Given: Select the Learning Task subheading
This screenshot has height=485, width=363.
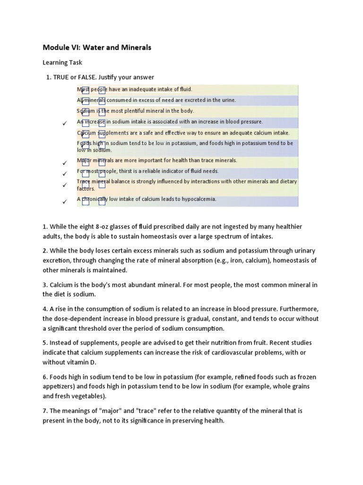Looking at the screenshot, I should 62,63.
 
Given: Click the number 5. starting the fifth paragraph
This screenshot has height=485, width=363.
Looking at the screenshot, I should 45,343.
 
